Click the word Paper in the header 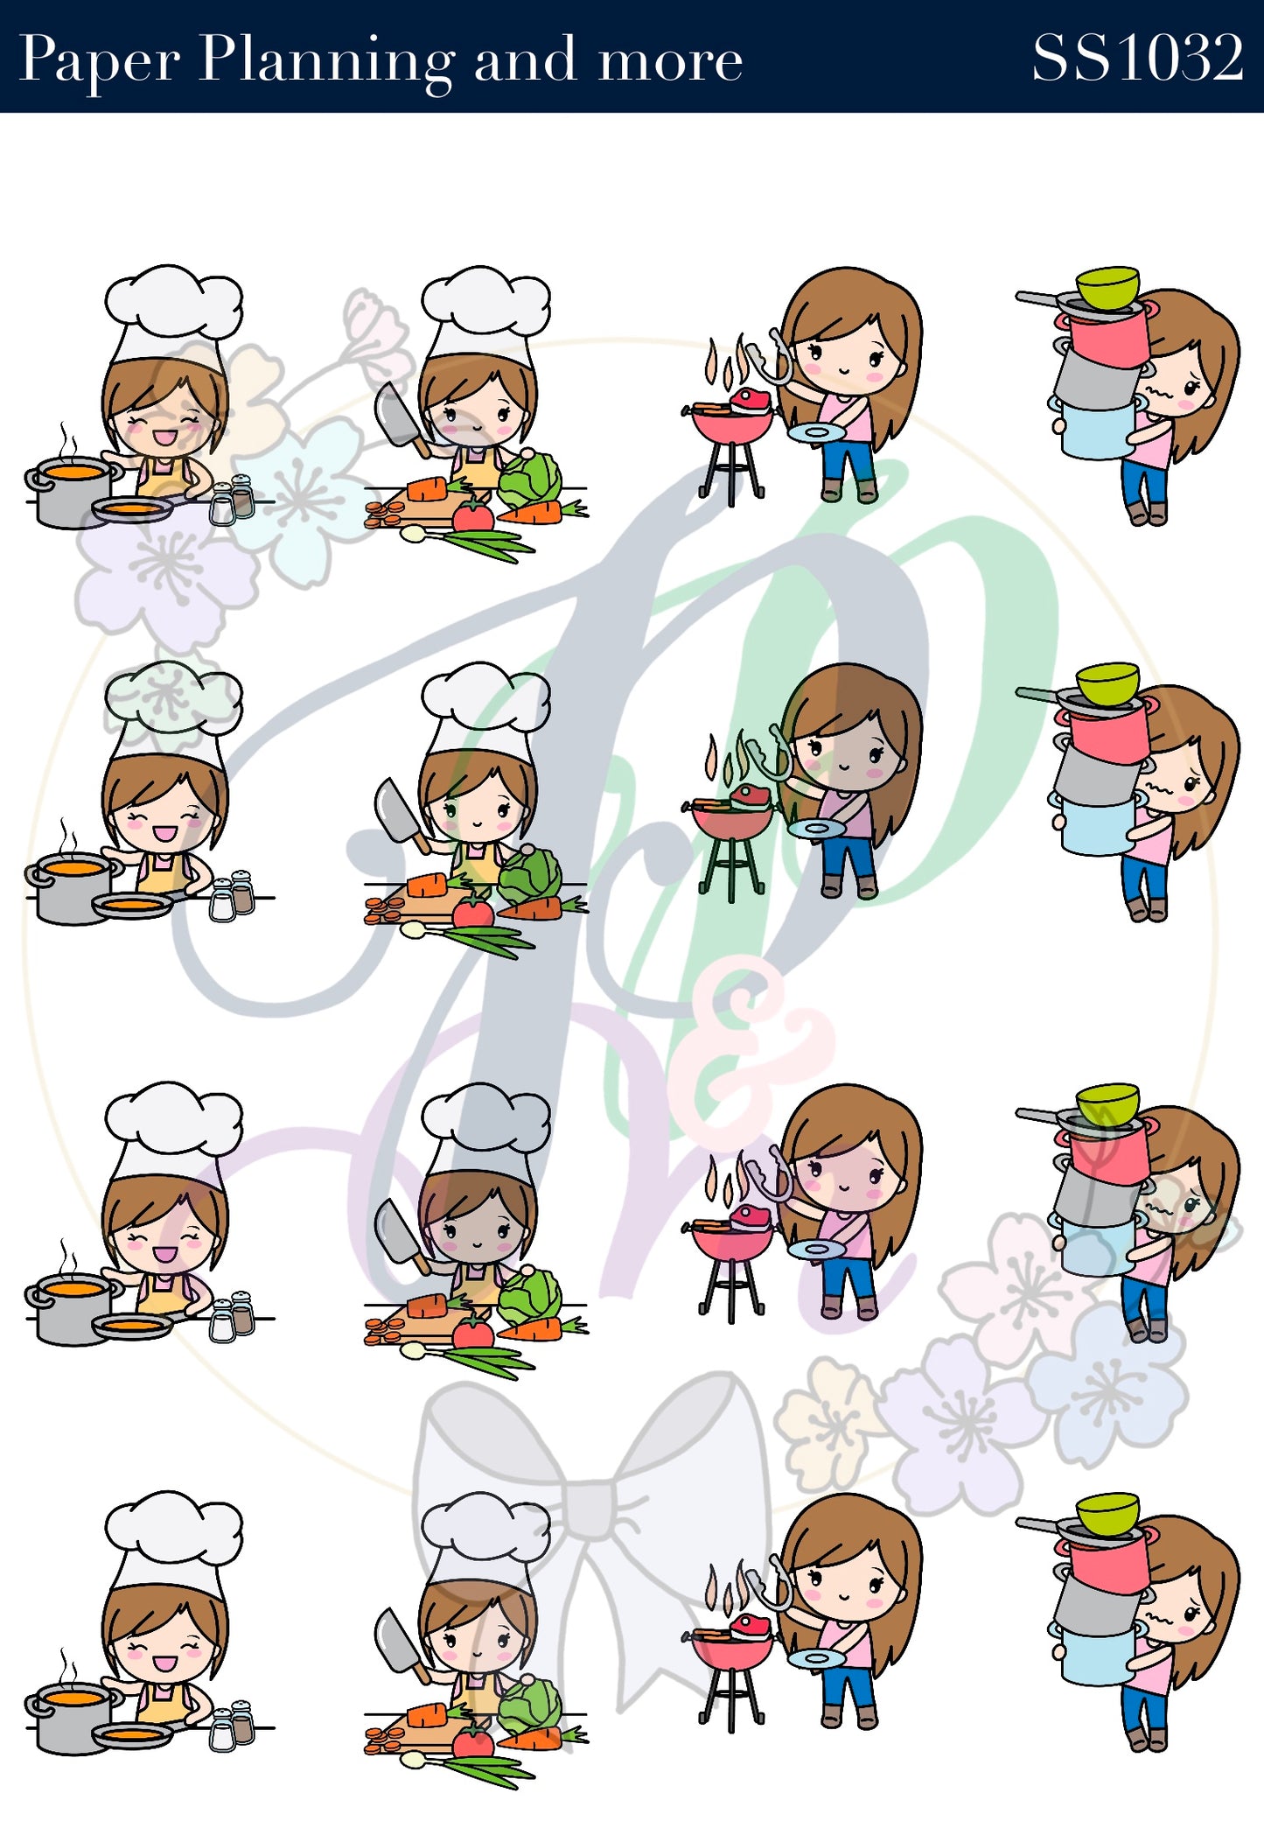pos(100,61)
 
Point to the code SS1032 pos(1137,58)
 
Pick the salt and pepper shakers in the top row pos(232,499)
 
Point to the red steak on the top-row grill pos(751,402)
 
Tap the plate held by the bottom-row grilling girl pos(816,1658)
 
